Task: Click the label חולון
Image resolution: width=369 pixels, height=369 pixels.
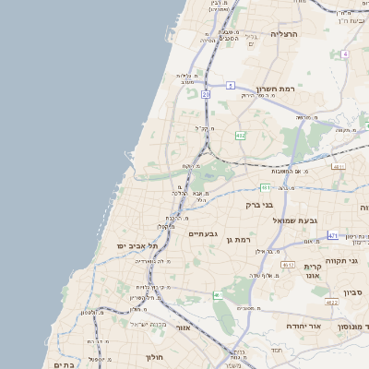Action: click(x=154, y=356)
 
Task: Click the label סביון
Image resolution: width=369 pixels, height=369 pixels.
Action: click(x=354, y=292)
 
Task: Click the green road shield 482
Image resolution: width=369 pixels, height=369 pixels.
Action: click(x=241, y=136)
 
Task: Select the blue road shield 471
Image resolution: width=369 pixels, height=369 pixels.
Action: click(x=333, y=235)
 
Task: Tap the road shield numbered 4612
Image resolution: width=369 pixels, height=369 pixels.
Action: click(x=288, y=265)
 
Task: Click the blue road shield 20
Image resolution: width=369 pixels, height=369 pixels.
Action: click(x=206, y=94)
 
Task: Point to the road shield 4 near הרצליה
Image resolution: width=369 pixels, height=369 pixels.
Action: click(x=344, y=54)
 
